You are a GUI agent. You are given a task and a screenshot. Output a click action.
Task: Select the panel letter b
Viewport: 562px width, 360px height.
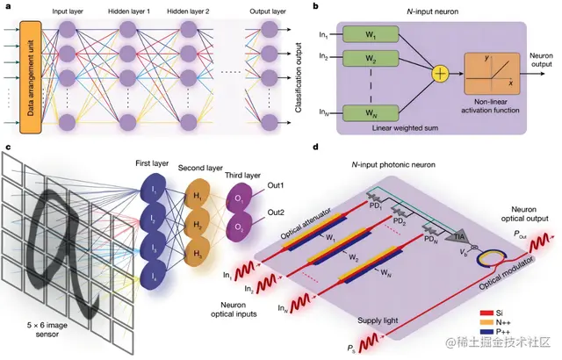316,7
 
